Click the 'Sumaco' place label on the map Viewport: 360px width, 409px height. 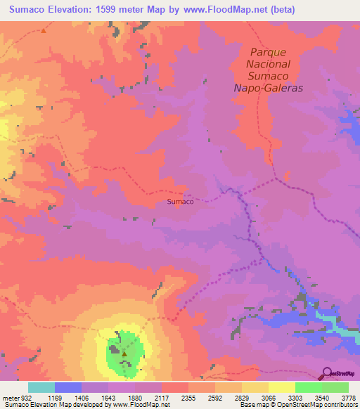[181, 201]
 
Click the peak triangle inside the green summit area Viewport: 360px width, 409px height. [124, 353]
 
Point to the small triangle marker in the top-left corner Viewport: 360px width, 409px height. [43, 31]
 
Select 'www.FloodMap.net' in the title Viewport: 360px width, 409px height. [218, 9]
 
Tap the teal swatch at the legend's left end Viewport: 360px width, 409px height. [41, 387]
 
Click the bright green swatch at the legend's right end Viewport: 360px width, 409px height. [335, 387]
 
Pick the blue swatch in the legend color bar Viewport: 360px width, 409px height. [68, 387]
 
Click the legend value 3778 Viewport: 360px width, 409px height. [348, 397]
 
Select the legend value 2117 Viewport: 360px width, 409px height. [162, 397]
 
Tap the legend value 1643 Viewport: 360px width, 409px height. [108, 397]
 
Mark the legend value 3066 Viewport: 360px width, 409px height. [269, 397]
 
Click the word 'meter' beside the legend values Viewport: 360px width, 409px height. [9, 397]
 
